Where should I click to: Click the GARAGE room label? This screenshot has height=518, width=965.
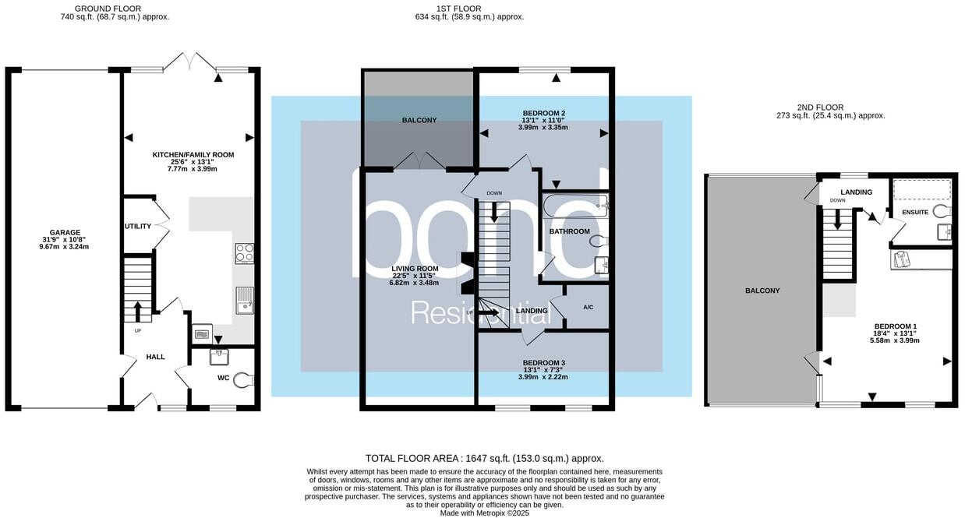point(65,232)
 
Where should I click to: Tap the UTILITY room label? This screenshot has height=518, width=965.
point(137,226)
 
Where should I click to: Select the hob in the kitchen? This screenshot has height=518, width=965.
point(244,253)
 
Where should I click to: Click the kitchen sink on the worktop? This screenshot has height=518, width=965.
point(244,301)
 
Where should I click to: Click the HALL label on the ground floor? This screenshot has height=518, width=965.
point(155,357)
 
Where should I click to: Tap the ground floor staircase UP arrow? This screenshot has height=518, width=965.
point(138,310)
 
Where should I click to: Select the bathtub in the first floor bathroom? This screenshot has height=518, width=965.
point(573,206)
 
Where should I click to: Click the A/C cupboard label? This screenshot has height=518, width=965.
point(589,307)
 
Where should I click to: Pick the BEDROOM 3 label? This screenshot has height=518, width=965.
point(543,363)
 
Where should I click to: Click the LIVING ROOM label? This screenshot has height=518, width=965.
point(414,269)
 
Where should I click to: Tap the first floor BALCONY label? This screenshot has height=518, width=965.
point(419,120)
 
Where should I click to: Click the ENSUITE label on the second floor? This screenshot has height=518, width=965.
point(914,212)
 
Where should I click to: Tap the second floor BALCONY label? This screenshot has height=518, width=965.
point(762,291)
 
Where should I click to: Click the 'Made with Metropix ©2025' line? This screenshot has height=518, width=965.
point(484,513)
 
